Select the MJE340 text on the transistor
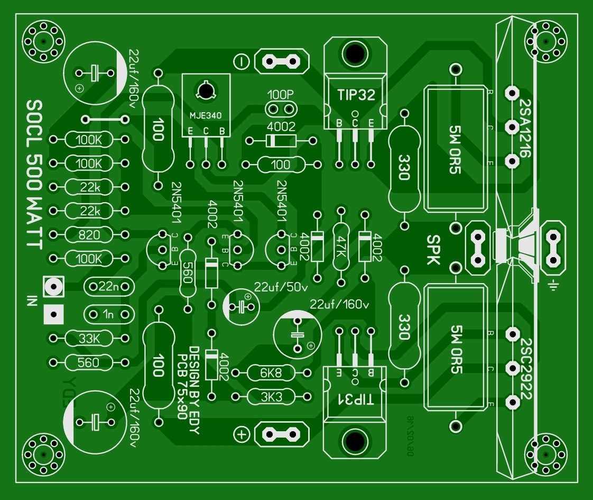[206, 115]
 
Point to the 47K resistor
[341, 246]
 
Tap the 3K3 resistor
[271, 396]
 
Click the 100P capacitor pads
[281, 109]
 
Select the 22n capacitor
[109, 287]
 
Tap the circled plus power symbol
[242, 434]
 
